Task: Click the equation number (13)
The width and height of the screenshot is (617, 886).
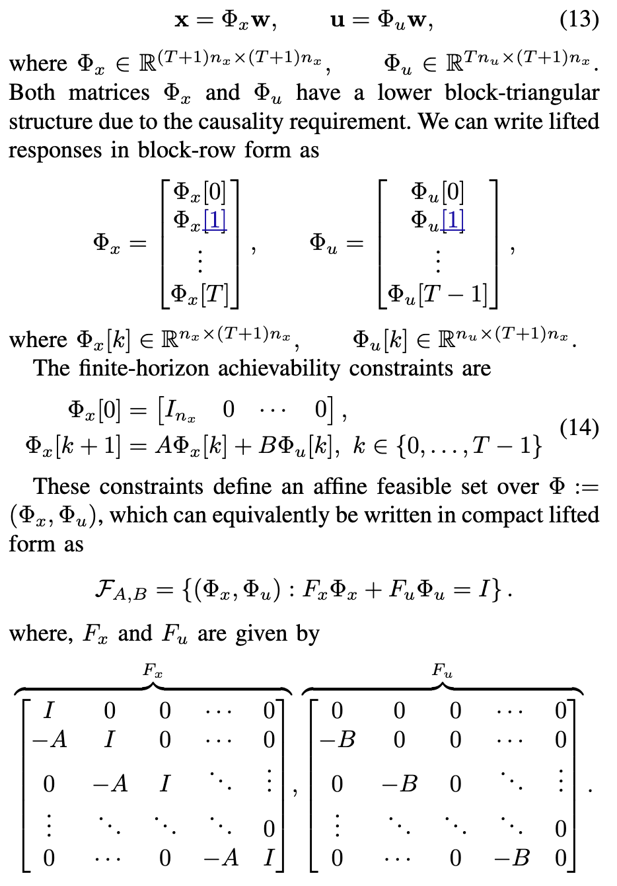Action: pos(579,19)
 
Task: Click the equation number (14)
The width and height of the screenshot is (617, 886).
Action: pos(579,428)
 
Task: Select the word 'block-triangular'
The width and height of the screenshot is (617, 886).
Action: pos(522,93)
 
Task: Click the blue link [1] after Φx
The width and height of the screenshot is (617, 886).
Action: pos(216,220)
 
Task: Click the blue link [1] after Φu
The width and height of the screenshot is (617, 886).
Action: pos(453,220)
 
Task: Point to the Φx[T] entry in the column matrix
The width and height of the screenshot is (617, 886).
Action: pos(200,293)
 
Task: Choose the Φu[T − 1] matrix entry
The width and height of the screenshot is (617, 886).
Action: pos(437,293)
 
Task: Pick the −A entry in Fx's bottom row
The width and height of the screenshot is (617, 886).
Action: pos(221,858)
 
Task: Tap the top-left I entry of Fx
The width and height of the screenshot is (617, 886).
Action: pos(48,710)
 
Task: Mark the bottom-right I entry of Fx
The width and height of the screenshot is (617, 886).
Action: pos(268,858)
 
